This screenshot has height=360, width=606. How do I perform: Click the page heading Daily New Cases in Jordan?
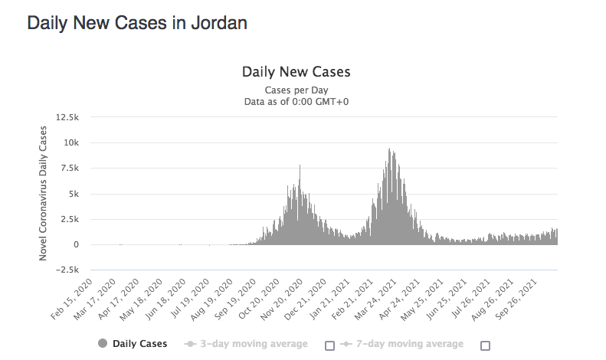pos(136,23)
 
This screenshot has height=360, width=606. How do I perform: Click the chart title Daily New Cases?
pos(296,72)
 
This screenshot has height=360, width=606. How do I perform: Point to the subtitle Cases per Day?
pos(296,90)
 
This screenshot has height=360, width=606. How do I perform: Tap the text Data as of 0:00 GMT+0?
pos(296,101)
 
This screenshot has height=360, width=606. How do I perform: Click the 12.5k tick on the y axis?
pos(68,117)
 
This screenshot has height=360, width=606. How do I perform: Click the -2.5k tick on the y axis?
pos(68,270)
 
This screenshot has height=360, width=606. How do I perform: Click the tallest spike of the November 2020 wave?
pos(300,166)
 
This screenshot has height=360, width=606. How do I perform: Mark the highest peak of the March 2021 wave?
pos(390,149)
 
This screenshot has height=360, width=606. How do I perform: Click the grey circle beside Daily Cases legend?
pos(103,344)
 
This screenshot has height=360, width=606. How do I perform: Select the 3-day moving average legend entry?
pos(247,344)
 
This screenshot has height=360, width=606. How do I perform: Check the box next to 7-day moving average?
pos(485,345)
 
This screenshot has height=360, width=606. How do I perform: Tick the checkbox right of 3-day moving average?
pos(329,345)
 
